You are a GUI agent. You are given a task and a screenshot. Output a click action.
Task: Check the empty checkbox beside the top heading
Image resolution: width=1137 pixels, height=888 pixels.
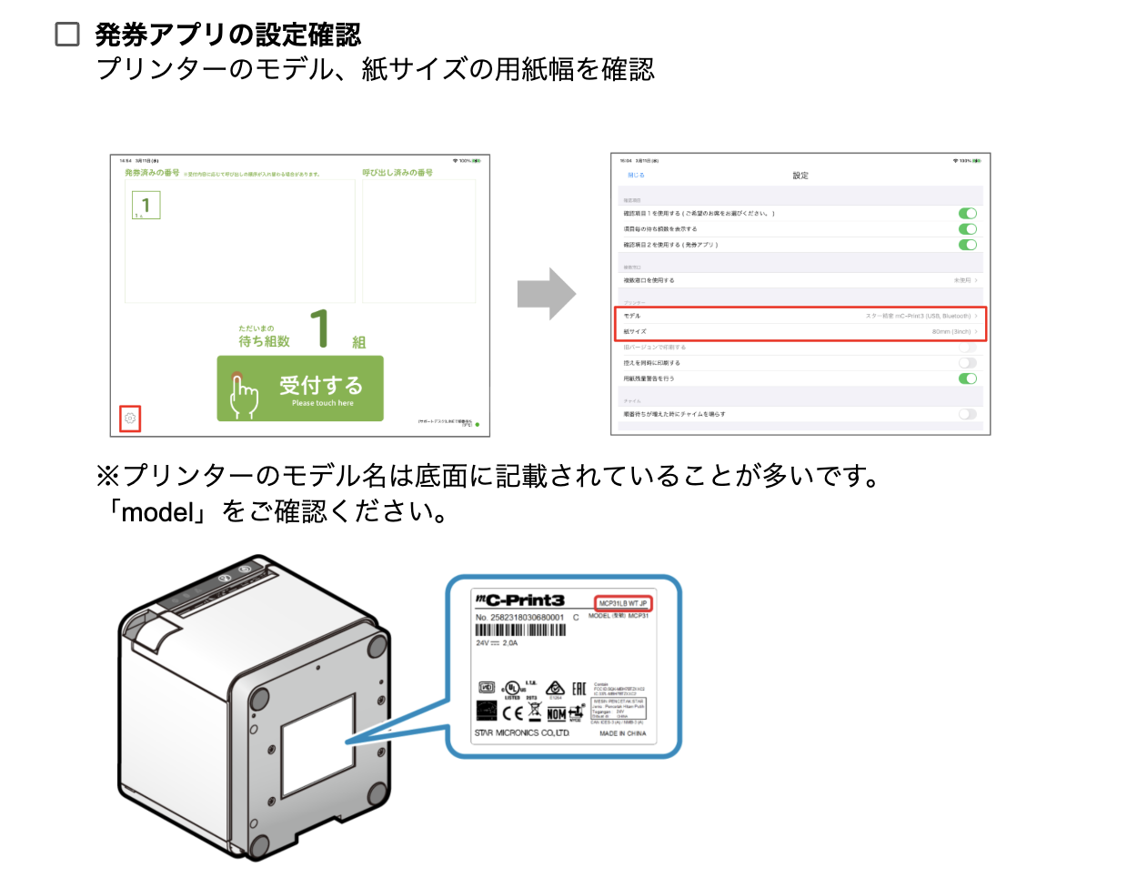(67, 35)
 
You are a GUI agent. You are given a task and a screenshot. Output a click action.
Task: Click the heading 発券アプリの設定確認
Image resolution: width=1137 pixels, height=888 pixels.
(228, 35)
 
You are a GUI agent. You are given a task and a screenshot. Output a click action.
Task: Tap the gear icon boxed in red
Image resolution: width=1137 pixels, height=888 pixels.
(130, 419)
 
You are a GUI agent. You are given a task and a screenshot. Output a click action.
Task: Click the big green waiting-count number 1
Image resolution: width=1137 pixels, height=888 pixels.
(319, 329)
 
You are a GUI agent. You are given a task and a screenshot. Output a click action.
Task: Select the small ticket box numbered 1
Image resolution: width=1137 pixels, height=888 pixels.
(146, 206)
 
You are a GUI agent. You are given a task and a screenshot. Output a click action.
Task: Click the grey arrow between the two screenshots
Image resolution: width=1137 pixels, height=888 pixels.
(546, 294)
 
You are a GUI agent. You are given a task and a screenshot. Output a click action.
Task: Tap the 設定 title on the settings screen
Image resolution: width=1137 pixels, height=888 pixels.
(800, 176)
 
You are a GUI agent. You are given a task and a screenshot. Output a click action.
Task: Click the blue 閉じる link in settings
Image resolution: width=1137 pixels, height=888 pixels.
(636, 176)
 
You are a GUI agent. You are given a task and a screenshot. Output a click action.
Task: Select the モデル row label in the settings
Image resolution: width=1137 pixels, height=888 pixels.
(632, 316)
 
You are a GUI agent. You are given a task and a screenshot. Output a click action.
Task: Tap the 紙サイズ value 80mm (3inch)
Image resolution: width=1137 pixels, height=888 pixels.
(951, 331)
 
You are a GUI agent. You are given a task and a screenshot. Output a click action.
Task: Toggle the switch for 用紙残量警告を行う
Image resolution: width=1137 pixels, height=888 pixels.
(968, 378)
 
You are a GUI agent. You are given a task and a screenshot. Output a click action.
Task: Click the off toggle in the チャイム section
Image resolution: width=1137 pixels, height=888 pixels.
(968, 414)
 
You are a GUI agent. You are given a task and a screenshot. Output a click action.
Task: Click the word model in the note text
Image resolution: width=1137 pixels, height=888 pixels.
(158, 512)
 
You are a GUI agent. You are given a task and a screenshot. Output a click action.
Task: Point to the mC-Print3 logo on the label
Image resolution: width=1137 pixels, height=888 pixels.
(520, 600)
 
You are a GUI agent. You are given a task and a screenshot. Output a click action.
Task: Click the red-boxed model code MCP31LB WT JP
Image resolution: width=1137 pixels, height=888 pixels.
(623, 603)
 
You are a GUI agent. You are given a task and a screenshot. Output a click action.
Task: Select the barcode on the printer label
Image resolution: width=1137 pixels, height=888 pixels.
(520, 630)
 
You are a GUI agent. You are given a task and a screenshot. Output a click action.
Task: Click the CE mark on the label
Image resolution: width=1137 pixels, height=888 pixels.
(513, 712)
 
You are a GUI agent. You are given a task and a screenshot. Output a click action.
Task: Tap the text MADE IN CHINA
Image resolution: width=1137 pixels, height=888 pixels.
(623, 733)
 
